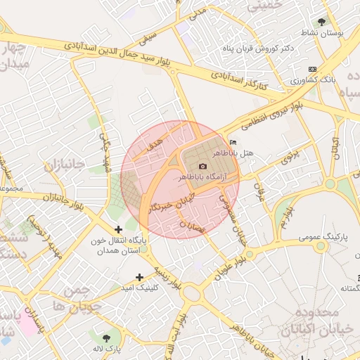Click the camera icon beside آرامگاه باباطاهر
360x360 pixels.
click(202, 166)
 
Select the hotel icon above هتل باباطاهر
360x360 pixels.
click(233, 143)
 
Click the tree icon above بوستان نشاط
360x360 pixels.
click(322, 22)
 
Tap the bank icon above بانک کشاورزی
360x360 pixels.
click(312, 69)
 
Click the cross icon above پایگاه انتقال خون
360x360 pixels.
click(118, 229)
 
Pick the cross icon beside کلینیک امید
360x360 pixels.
click(139, 276)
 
